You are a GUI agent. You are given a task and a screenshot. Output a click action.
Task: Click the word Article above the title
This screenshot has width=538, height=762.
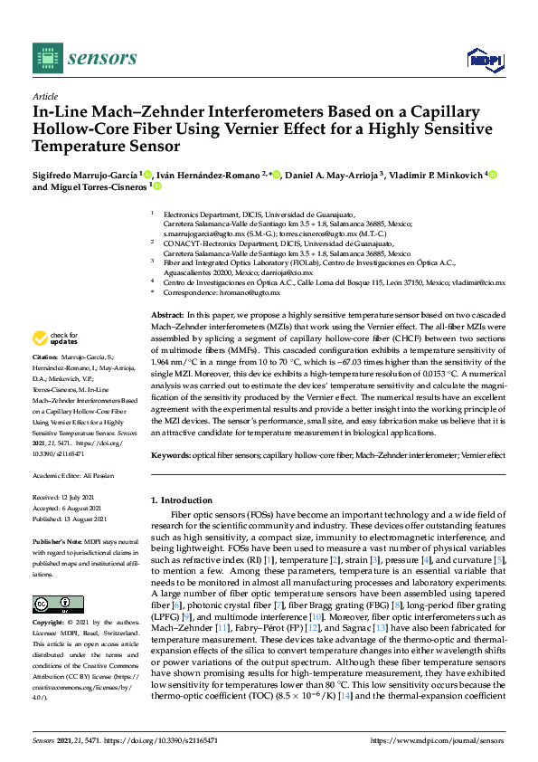coord(44,96)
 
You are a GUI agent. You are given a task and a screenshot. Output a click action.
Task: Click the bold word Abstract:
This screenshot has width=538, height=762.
coord(168,312)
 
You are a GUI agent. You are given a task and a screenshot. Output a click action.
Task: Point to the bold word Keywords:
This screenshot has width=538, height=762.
coord(172,456)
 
